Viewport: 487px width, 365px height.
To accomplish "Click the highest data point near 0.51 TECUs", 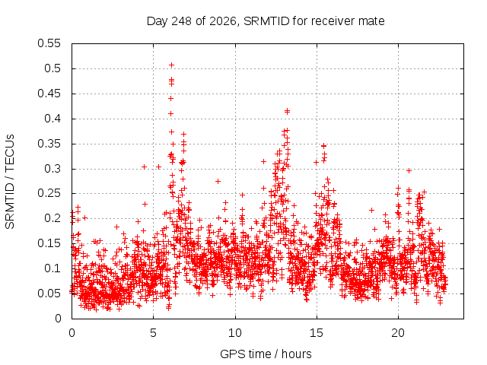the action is pyautogui.click(x=171, y=65).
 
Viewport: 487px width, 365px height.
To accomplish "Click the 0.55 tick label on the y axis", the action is pyautogui.click(x=49, y=43).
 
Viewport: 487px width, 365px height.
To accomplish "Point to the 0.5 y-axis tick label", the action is pyautogui.click(x=53, y=68).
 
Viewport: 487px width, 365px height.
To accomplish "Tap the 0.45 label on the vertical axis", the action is pyautogui.click(x=49, y=94).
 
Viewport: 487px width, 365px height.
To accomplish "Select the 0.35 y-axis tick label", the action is pyautogui.click(x=49, y=144).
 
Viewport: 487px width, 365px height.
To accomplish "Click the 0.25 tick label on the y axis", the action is pyautogui.click(x=49, y=193).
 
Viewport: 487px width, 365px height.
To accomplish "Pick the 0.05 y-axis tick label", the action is pyautogui.click(x=49, y=294).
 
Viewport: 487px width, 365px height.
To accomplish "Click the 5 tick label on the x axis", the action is pyautogui.click(x=154, y=333).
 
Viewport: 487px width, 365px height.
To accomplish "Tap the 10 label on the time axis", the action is pyautogui.click(x=235, y=333).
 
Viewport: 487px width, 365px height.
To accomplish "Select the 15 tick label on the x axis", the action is pyautogui.click(x=317, y=333).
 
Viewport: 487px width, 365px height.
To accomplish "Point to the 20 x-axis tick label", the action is pyautogui.click(x=398, y=333).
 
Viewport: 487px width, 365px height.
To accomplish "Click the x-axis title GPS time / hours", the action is pyautogui.click(x=266, y=354).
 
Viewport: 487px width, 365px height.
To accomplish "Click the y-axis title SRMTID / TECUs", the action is pyautogui.click(x=10, y=182).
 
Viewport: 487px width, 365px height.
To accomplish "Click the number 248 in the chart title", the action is pyautogui.click(x=182, y=21).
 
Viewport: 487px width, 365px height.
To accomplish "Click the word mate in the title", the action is pyautogui.click(x=371, y=21).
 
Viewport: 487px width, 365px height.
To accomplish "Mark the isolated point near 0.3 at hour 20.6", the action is pyautogui.click(x=409, y=170).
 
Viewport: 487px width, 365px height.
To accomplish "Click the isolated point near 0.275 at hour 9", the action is pyautogui.click(x=218, y=181).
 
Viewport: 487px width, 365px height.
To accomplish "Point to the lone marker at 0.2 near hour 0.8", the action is pyautogui.click(x=84, y=218).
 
